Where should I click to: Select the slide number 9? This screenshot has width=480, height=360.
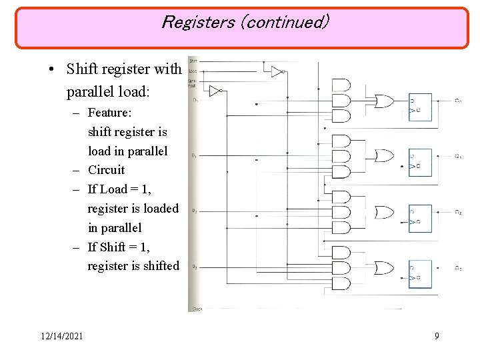(437, 336)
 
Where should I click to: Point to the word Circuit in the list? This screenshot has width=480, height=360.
(106, 170)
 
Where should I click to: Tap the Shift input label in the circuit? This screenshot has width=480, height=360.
(193, 61)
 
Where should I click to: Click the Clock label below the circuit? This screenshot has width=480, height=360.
(197, 309)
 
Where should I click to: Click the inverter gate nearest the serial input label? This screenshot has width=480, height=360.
(215, 91)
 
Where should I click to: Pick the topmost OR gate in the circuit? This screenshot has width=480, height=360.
(384, 101)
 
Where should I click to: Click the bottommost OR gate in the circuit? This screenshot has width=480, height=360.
(384, 268)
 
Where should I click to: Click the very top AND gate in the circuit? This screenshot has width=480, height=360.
(340, 85)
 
